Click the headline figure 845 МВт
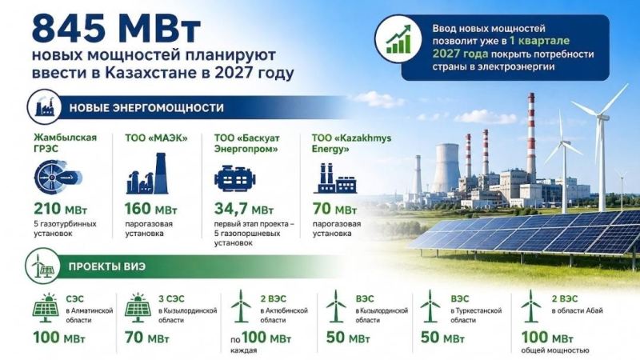click(x=116, y=30)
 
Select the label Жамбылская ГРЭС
click(x=66, y=143)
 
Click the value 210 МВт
click(x=61, y=209)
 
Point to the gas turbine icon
click(x=58, y=177)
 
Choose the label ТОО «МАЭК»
click(x=156, y=138)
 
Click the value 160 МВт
click(x=150, y=209)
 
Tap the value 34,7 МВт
click(x=244, y=209)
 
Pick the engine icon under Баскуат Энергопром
click(x=234, y=178)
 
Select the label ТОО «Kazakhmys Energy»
click(x=351, y=143)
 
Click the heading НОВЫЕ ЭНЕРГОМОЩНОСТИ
click(x=146, y=108)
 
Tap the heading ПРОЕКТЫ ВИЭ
click(x=107, y=266)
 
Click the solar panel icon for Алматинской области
click(x=46, y=308)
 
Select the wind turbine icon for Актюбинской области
click(x=241, y=306)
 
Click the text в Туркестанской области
click(x=476, y=315)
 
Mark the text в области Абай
click(x=577, y=311)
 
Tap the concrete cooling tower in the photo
click(x=447, y=167)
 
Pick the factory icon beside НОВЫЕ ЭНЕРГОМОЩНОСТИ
click(x=44, y=107)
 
